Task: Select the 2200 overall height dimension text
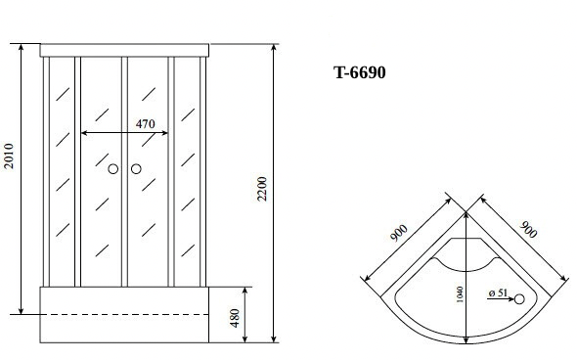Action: (262, 190)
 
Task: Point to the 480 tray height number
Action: (235, 319)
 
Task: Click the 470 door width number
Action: (145, 124)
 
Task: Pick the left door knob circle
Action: (114, 170)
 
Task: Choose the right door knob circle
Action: (136, 170)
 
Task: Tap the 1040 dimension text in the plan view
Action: (459, 294)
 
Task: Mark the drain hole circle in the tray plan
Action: (519, 299)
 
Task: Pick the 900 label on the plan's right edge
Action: (527, 232)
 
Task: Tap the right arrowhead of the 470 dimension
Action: (166, 132)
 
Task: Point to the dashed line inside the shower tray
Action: (124, 314)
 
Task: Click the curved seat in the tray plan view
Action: (467, 257)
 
